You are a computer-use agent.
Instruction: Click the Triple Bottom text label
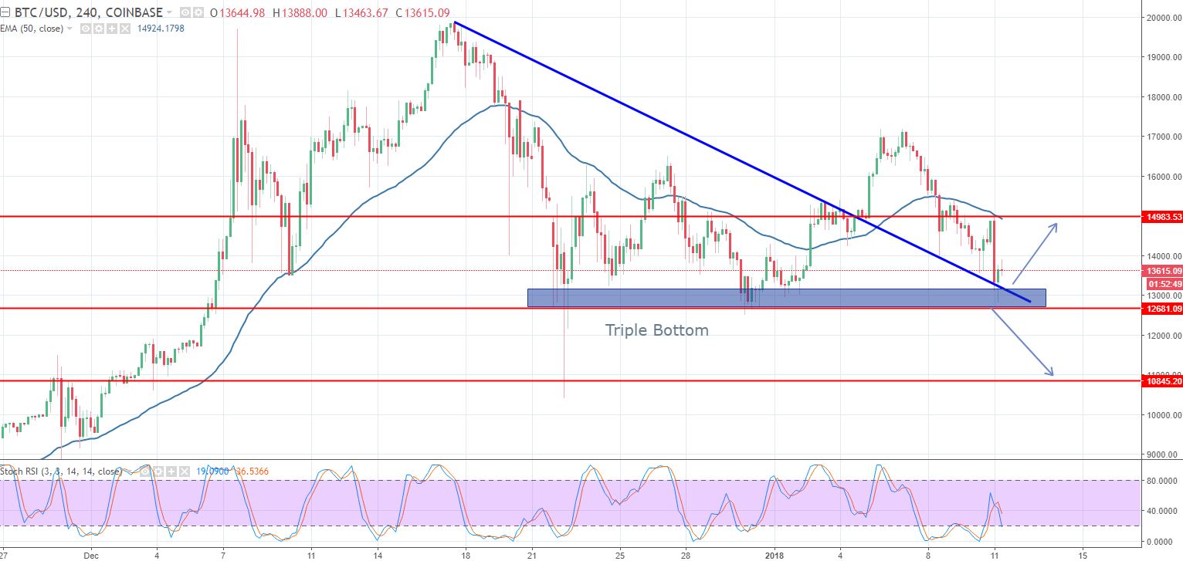tap(656, 330)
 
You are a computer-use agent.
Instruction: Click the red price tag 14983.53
tap(1161, 217)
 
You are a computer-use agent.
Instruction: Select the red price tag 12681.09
tap(1161, 309)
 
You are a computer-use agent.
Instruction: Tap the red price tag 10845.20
tap(1161, 381)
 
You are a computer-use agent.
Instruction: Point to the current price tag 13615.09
tap(1161, 271)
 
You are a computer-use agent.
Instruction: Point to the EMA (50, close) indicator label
tap(31, 29)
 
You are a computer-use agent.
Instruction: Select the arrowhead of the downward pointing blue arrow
tap(1052, 374)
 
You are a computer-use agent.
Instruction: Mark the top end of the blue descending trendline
tap(455, 22)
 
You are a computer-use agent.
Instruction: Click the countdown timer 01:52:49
tap(1161, 283)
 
